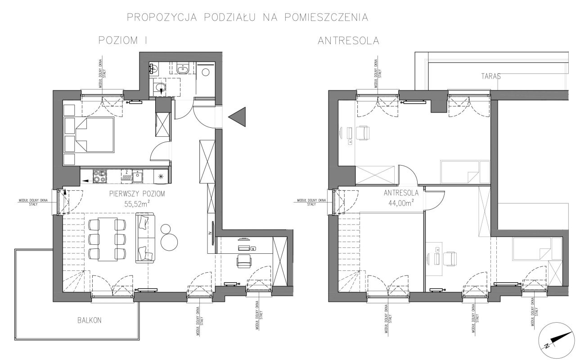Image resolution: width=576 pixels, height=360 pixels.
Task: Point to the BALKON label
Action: click(x=90, y=321)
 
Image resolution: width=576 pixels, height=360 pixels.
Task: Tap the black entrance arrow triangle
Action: click(x=237, y=117)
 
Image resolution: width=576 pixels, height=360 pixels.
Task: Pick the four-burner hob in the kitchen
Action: click(x=99, y=176)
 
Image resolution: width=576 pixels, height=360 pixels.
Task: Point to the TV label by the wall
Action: click(x=210, y=234)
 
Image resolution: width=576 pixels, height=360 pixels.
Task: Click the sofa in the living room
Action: click(x=145, y=238)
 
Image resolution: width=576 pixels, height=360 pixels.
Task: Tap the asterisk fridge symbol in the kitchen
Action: click(x=161, y=176)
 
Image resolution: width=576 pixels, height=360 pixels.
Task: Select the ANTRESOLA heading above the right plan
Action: click(x=348, y=40)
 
